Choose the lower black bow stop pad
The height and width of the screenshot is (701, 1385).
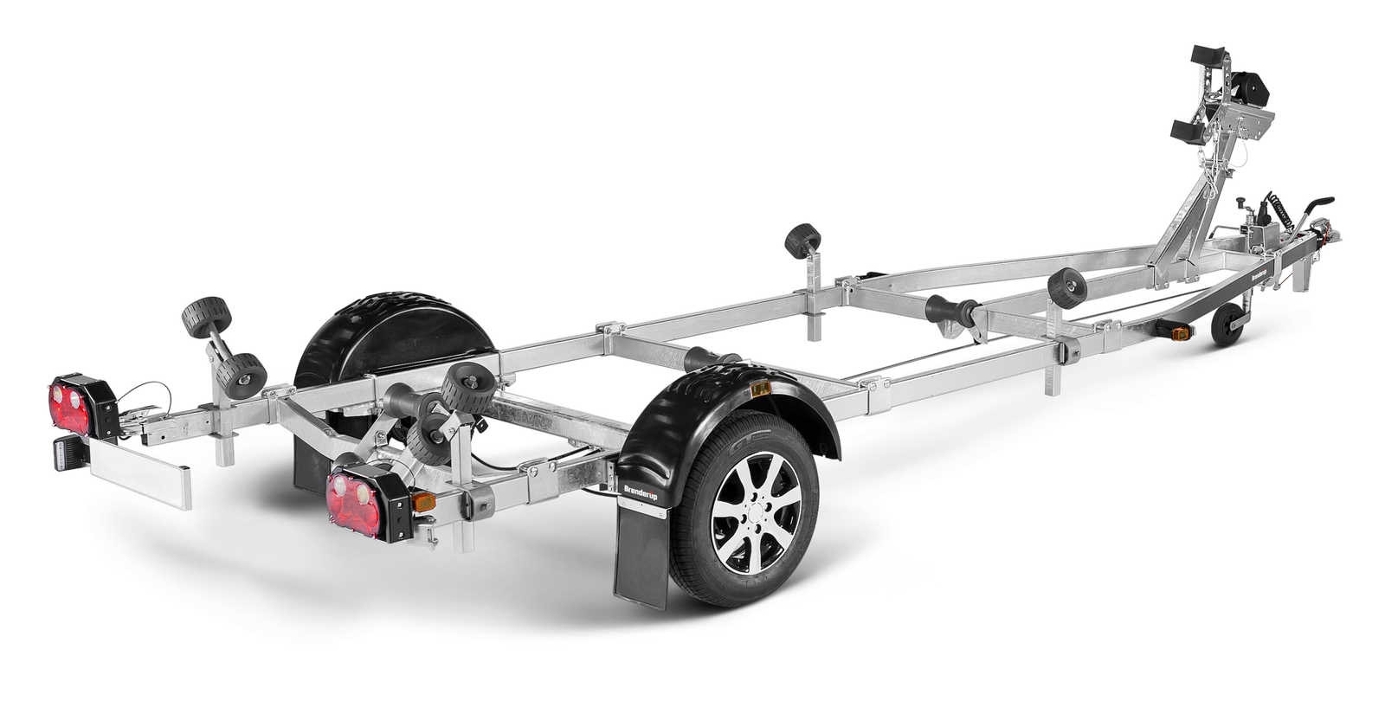pyautogui.click(x=1189, y=132)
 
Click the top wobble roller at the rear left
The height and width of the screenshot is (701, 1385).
pyautogui.click(x=197, y=314)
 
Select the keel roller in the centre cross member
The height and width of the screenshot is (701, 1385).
pyautogui.click(x=948, y=310)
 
